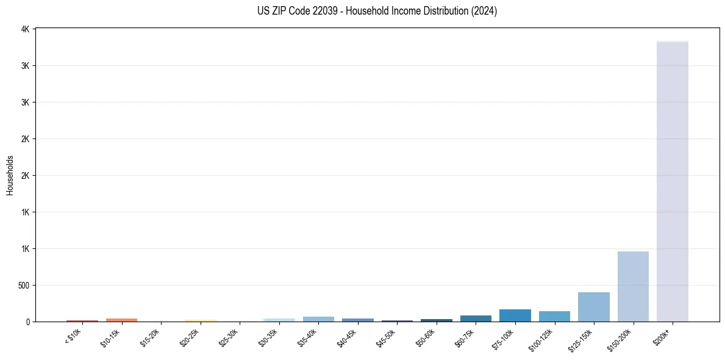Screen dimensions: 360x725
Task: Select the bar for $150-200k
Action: pos(633,286)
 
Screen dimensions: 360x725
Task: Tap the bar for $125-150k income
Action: pos(593,307)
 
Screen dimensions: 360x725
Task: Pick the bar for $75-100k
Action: pos(515,315)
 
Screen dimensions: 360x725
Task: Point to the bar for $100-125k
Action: pos(554,316)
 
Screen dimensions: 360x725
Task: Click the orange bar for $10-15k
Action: pos(121,320)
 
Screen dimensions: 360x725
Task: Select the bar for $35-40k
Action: pos(318,319)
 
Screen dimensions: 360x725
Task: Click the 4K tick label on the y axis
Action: pos(25,29)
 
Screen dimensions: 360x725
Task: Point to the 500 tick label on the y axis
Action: pos(23,286)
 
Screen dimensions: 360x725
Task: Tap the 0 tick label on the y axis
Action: pos(28,322)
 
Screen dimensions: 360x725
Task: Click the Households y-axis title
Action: pos(10,175)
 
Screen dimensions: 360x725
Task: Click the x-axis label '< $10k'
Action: pos(73,337)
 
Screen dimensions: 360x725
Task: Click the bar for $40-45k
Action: pos(357,320)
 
